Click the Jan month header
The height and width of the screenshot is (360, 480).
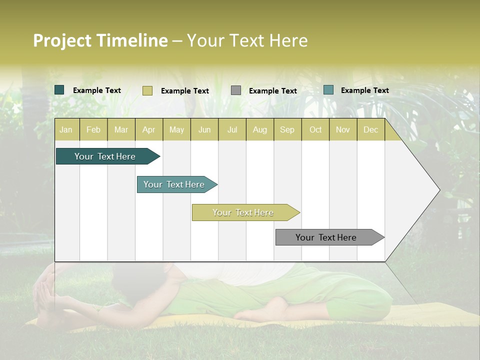point(66,129)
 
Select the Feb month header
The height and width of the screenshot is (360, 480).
point(93,129)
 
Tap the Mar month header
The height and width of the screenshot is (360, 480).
point(121,129)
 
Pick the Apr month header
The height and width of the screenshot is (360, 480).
point(149,129)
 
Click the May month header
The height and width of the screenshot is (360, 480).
point(176,129)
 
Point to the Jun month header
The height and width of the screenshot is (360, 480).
point(204,129)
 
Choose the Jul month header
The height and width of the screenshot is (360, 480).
point(232,129)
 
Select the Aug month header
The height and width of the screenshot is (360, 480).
point(260,129)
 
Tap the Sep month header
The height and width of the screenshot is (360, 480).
point(287,129)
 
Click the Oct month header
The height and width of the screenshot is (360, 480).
point(315,129)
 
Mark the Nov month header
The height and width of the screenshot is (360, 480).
point(343,129)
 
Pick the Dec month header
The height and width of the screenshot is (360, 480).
point(371,129)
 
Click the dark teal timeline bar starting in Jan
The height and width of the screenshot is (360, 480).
point(105,156)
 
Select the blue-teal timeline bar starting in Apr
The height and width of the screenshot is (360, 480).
point(174,184)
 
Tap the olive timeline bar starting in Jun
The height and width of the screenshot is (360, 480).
point(243,212)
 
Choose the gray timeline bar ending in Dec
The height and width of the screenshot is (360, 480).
point(326,237)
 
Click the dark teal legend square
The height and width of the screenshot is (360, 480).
point(59,90)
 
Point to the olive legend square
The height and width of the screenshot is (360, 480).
point(147,90)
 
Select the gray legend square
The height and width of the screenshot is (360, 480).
point(236,90)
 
